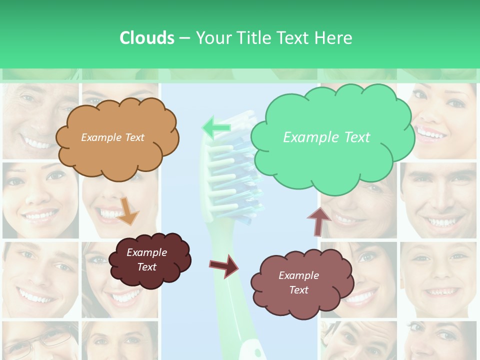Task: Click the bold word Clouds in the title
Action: pyautogui.click(x=147, y=38)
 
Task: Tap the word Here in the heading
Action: pyautogui.click(x=334, y=38)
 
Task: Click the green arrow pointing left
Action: pyautogui.click(x=216, y=128)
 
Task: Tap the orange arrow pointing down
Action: pyautogui.click(x=129, y=211)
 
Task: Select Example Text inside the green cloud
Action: pyautogui.click(x=326, y=137)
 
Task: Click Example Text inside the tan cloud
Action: pyautogui.click(x=112, y=137)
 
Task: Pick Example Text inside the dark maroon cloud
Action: pyautogui.click(x=146, y=259)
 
